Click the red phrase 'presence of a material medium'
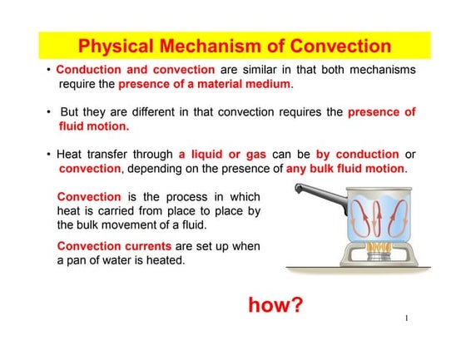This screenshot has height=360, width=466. pos(206,84)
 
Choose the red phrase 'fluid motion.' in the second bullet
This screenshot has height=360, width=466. pos(94,126)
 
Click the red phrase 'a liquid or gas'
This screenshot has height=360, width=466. pos(220,155)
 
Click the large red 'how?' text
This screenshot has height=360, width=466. pos(275,304)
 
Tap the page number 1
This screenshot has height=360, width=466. pos(407,318)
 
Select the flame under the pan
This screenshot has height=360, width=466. pos(379,247)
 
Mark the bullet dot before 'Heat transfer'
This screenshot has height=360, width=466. pos(49,155)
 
